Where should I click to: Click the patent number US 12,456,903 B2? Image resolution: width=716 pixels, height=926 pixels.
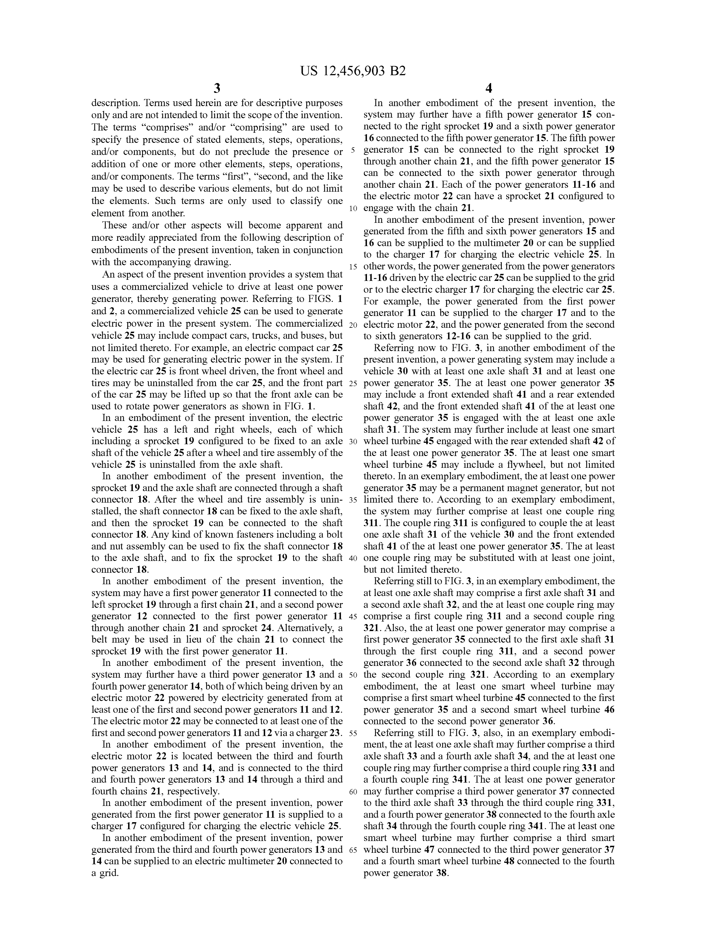coord(353,70)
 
